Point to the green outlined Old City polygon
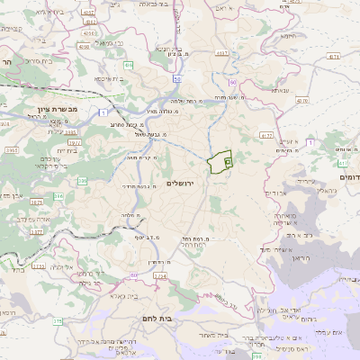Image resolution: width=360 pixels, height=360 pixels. click(x=219, y=162)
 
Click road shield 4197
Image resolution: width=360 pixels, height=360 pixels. click(x=87, y=13)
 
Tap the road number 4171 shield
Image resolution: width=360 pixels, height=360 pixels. click(x=334, y=56)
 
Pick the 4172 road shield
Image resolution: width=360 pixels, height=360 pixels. click(x=265, y=135)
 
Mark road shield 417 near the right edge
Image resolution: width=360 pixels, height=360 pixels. click(x=344, y=163)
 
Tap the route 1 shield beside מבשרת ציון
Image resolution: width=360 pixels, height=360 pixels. click(x=104, y=112)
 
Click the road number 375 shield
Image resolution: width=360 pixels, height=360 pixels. click(x=58, y=321)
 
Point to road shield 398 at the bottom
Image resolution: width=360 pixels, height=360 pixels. click(x=256, y=356)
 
